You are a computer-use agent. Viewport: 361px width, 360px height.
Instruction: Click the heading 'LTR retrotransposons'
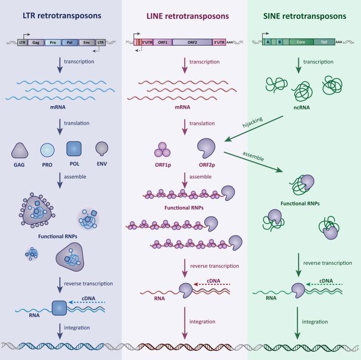coord(61,16)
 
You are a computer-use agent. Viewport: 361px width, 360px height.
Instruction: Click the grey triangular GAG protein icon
coord(20,151)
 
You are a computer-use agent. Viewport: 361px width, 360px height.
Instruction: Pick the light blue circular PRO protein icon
coord(47,151)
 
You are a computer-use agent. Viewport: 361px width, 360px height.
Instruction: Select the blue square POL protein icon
coord(75,151)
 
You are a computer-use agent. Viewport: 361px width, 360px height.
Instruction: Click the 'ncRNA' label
coord(302,107)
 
